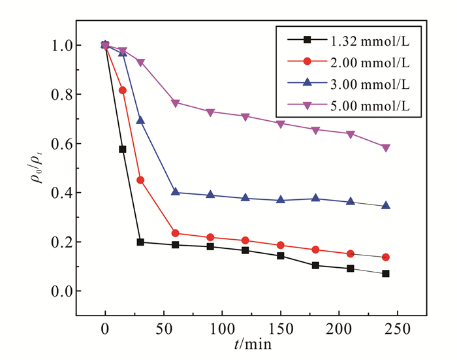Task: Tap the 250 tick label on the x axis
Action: [398, 326]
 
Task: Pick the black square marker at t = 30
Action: [140, 242]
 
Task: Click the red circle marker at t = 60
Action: [176, 233]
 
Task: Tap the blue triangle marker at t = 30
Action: [140, 121]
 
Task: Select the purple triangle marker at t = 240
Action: [386, 148]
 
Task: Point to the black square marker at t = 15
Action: [123, 149]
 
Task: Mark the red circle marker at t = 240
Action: [386, 257]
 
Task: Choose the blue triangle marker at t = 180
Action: [316, 198]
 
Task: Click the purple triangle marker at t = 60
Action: [176, 103]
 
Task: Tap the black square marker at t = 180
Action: [316, 265]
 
